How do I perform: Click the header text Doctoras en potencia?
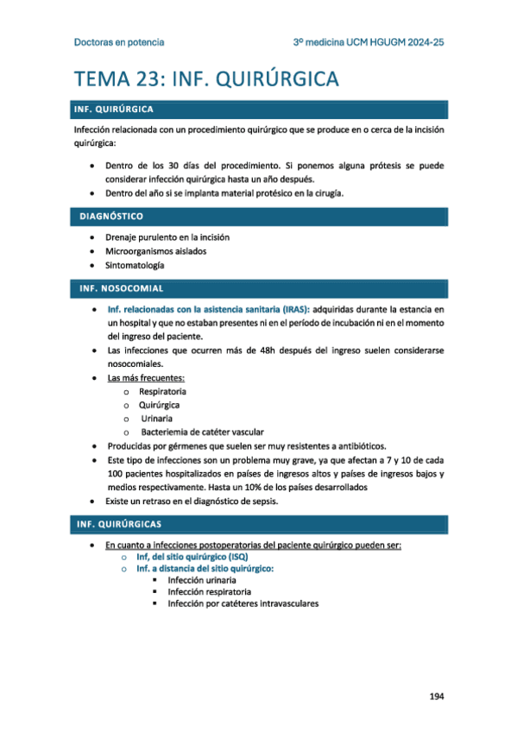(x=119, y=41)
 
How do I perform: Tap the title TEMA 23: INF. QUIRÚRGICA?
(x=206, y=79)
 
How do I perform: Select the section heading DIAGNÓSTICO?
(x=111, y=216)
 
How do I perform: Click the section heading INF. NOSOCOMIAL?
(x=120, y=287)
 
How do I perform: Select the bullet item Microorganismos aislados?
(x=156, y=251)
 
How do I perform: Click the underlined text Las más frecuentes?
(x=146, y=377)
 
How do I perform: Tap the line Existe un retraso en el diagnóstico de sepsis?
(x=191, y=501)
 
